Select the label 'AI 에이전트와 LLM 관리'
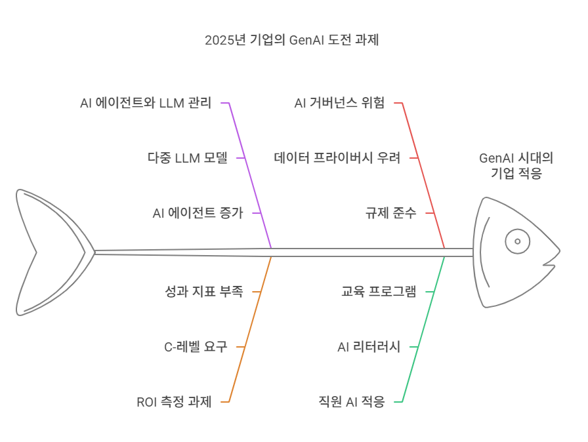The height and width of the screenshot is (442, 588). point(146,104)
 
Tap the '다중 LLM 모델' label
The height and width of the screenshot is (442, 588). point(187,158)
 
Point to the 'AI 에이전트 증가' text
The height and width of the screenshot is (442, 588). point(198,213)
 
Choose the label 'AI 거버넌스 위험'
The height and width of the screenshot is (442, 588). point(339,104)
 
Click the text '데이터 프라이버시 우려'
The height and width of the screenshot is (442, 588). point(337,158)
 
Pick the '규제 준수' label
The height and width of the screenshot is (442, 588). point(391,213)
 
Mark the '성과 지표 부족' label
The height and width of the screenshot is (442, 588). point(203,291)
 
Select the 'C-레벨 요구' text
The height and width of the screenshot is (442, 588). point(195,346)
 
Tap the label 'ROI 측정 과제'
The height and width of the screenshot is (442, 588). point(174,401)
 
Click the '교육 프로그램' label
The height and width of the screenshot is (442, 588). point(379,291)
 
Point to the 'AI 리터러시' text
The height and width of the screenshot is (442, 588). point(368,346)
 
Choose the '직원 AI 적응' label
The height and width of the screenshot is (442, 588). point(350,401)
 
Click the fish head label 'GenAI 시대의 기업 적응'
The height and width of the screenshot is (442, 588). point(516,166)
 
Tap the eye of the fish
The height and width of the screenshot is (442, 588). point(517,242)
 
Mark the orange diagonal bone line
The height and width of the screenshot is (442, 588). point(251,328)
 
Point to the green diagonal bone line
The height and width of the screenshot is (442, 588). point(425,328)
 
